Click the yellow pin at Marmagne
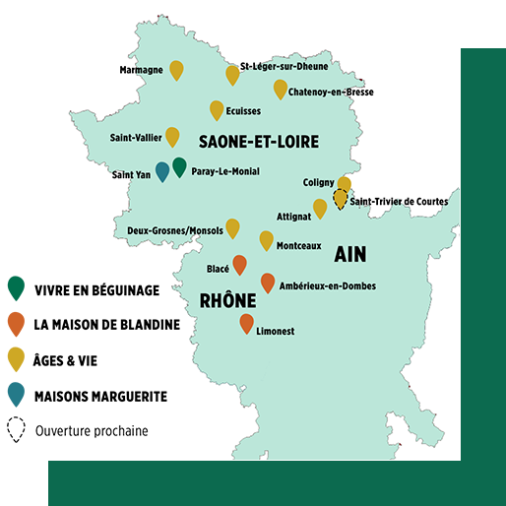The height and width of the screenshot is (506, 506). [176, 69]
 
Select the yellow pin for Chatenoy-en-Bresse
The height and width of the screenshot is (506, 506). [281, 89]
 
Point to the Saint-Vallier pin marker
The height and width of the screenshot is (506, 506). [172, 136]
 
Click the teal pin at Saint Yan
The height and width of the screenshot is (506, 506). [162, 171]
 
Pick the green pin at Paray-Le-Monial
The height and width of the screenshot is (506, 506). [179, 166]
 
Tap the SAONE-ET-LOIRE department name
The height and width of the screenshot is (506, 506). [258, 142]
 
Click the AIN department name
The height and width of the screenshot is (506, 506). [349, 254]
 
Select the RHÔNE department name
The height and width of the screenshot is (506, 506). [228, 301]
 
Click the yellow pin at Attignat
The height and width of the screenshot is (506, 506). [319, 208]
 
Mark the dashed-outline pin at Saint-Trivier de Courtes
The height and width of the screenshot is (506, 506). [341, 200]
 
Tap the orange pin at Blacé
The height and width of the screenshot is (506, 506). [239, 264]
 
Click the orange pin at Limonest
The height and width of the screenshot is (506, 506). [246, 323]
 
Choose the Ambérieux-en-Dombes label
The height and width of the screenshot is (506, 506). [328, 286]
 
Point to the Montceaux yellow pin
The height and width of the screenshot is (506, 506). [266, 239]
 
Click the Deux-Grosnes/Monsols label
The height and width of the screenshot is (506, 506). [175, 230]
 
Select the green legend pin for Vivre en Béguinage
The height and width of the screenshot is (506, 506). [16, 287]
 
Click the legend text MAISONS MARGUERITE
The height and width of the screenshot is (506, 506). [100, 397]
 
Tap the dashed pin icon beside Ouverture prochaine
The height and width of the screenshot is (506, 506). [16, 429]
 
